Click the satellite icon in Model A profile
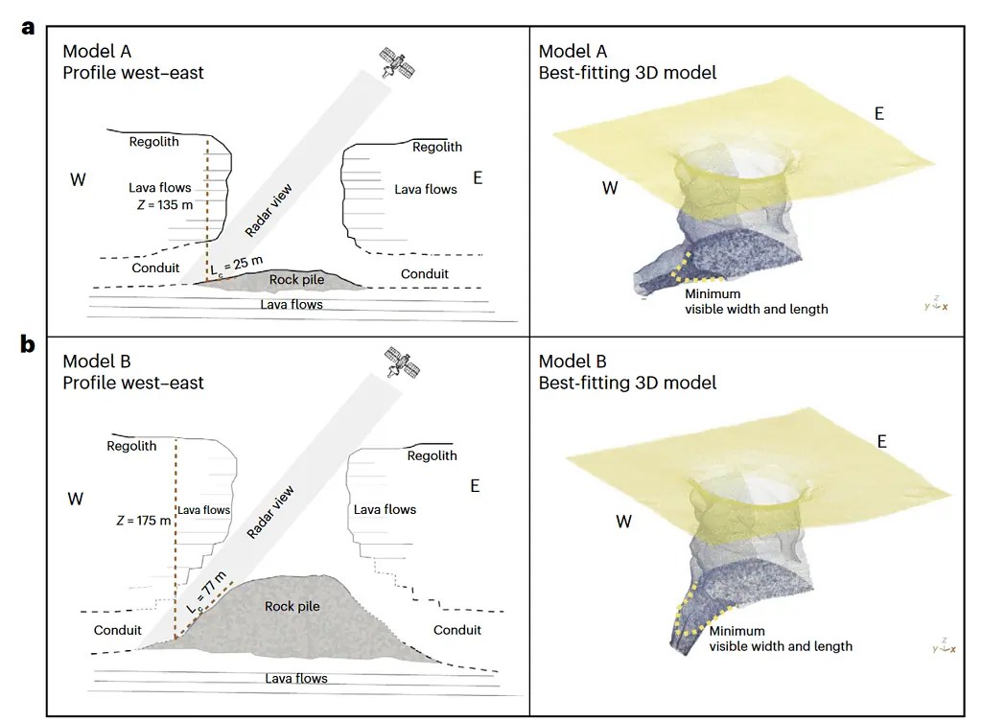[397, 62]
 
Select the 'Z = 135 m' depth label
[160, 204]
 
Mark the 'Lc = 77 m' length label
[207, 592]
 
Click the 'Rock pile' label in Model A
[296, 280]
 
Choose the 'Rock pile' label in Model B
[292, 606]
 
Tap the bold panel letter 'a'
[28, 27]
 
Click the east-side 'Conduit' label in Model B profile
[457, 630]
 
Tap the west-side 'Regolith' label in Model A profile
[154, 142]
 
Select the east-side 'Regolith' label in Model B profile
[433, 455]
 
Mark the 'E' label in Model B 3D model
[882, 441]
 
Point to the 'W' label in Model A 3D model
[610, 188]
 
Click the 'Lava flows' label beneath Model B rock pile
[296, 678]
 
